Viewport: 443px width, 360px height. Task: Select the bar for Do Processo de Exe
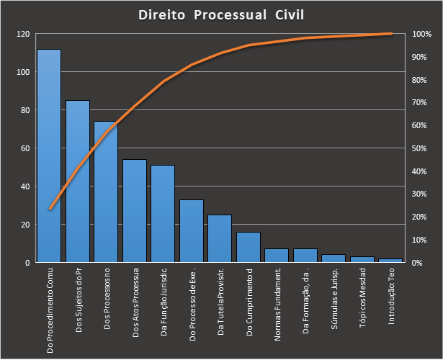pos(192,231)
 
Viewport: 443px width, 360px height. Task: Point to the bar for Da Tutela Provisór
pos(220,238)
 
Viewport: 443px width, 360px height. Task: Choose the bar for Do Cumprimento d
pos(249,247)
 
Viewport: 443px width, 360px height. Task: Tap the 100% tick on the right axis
pos(421,34)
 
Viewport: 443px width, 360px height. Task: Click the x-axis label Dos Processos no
pos(106,299)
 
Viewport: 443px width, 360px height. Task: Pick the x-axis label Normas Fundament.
pos(277,302)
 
